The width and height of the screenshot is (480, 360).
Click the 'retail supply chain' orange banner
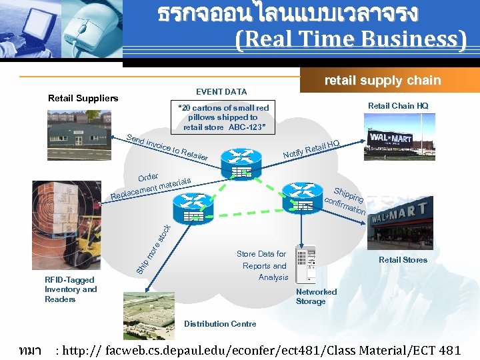coord(382,80)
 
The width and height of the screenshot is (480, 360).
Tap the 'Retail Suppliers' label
coord(83,99)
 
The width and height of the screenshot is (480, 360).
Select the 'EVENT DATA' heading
coord(221,91)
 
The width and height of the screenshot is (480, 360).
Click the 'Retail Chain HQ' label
coord(398,105)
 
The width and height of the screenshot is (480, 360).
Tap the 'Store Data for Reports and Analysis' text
coord(263,265)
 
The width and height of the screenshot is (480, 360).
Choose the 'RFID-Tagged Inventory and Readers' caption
coord(71,289)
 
